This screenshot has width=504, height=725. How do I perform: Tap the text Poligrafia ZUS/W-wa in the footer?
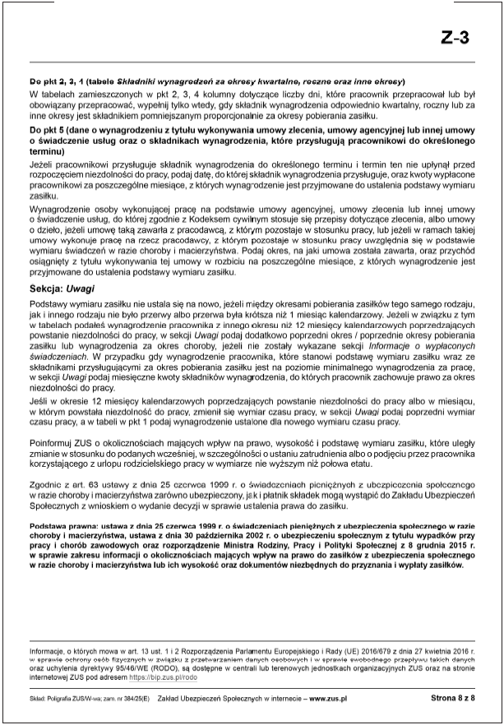click(x=71, y=697)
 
